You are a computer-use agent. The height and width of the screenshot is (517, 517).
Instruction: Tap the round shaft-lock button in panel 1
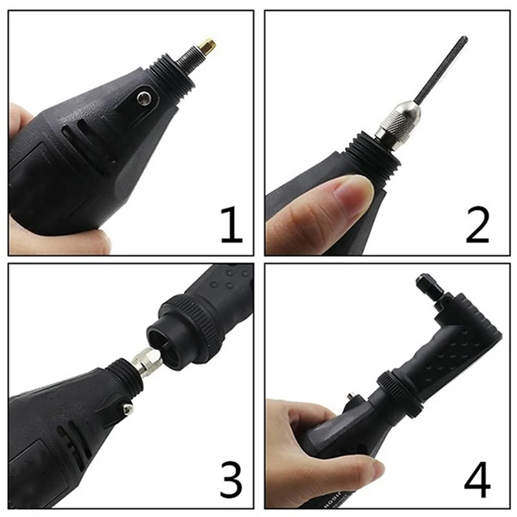point(145,98)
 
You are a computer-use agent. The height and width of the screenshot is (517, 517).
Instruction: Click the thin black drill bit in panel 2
point(443,72)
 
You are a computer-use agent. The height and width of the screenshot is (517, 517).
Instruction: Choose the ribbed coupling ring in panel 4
point(401,392)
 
